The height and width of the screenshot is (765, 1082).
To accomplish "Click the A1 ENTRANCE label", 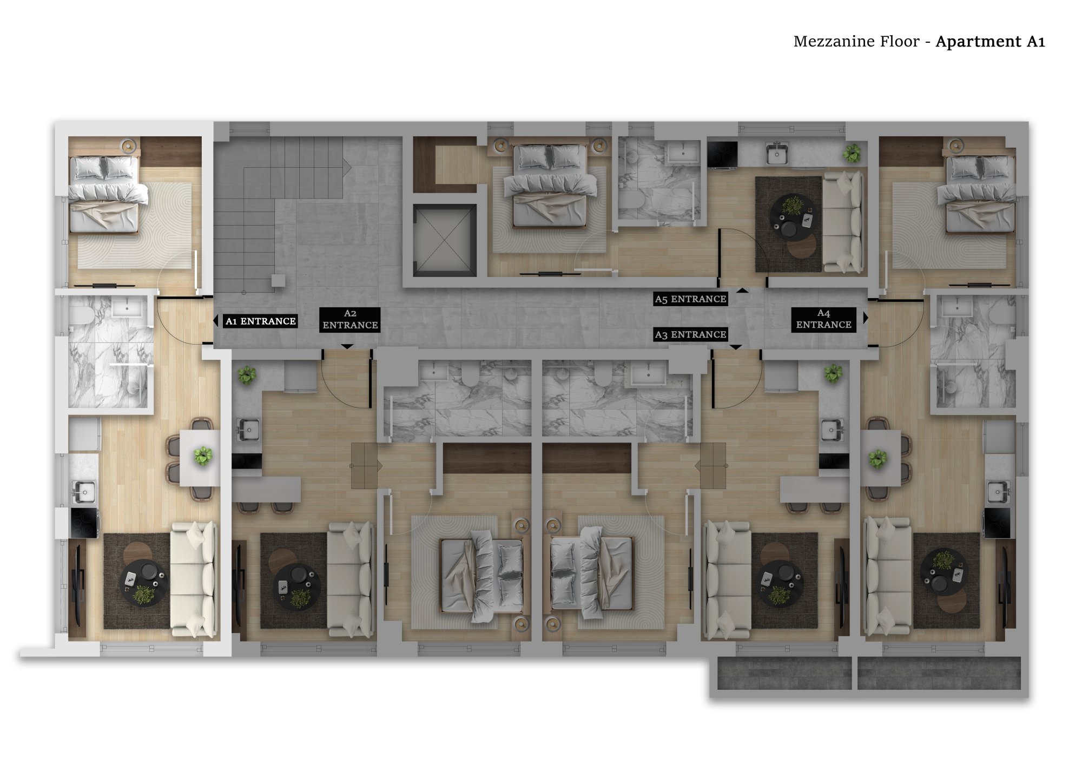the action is tap(260, 321).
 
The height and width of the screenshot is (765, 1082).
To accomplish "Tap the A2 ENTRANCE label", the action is tap(350, 319).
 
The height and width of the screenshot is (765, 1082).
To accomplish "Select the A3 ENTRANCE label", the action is tap(690, 334).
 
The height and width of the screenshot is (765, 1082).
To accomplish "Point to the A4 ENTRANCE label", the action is tap(823, 319).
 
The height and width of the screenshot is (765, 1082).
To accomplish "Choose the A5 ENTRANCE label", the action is tap(690, 299).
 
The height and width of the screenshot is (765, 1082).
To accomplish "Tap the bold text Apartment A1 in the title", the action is tap(990, 42).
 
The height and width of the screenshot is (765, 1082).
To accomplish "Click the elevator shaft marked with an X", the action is tap(445, 240).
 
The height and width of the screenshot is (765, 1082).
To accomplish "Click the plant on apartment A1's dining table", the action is tap(203, 456).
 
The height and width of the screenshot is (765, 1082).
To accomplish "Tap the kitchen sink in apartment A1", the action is tap(84, 492).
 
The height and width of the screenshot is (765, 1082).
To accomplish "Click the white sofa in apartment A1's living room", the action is tap(194, 579).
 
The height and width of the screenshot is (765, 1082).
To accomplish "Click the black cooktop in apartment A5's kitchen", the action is tap(722, 154).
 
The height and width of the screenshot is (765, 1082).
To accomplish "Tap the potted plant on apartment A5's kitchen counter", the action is tap(852, 153).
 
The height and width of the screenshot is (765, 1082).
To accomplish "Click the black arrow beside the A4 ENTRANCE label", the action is tap(866, 318).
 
